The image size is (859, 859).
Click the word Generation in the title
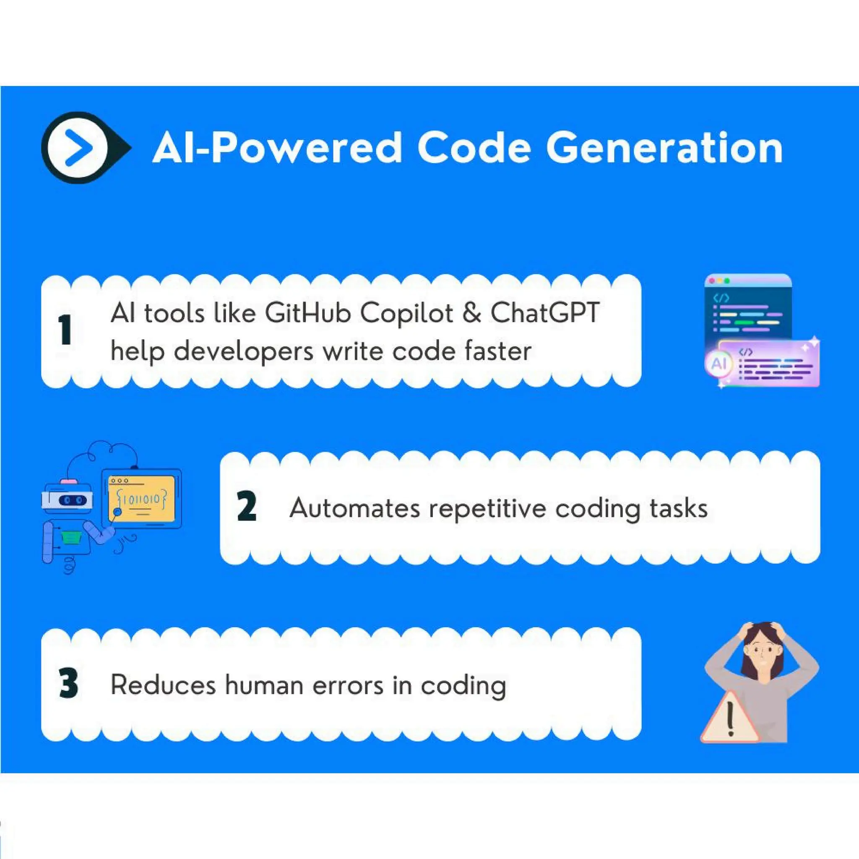[x=664, y=148]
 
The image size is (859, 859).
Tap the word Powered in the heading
[x=306, y=148]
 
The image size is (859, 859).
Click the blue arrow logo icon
[x=78, y=148]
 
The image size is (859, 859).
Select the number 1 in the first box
[x=65, y=330]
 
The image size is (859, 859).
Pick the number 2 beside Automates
[x=247, y=506]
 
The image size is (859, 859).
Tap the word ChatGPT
[x=545, y=313]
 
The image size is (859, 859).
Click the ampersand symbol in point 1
[x=471, y=313]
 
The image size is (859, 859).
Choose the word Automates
[x=354, y=508]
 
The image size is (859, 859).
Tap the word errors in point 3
[x=348, y=685]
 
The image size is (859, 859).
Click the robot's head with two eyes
[x=68, y=499]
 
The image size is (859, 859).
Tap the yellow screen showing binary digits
[x=141, y=499]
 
